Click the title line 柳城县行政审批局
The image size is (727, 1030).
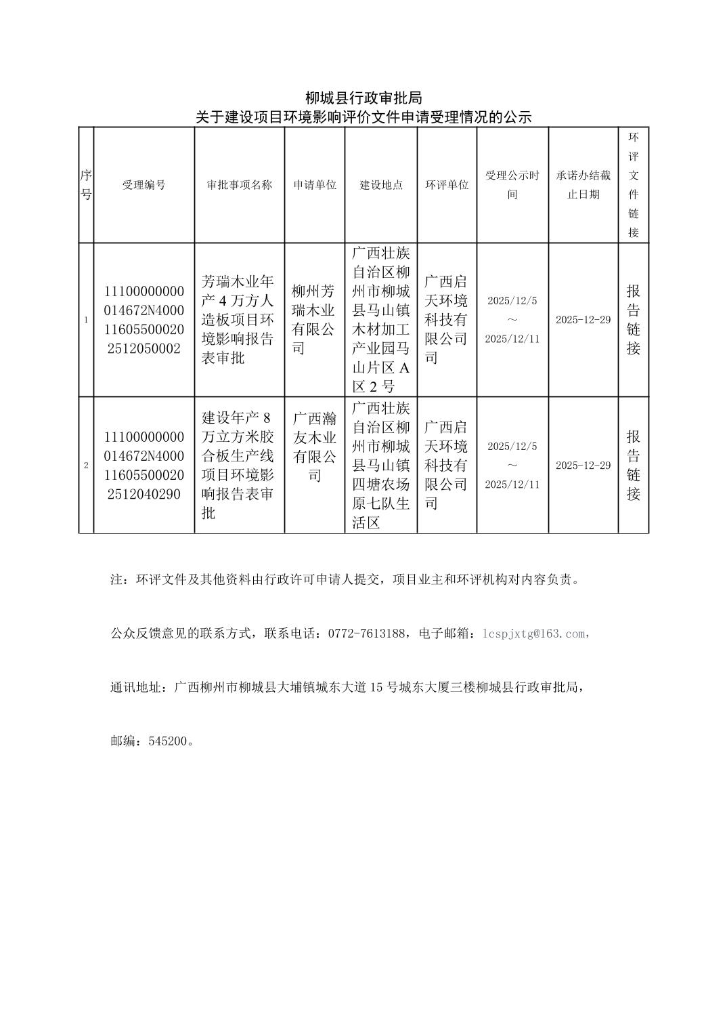363,98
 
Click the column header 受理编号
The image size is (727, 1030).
144,185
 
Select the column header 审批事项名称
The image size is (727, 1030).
239,185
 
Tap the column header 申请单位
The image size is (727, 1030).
314,185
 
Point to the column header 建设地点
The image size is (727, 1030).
380,185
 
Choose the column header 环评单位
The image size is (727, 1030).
447,185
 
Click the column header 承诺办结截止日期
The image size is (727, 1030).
583,185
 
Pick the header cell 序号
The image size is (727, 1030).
86,185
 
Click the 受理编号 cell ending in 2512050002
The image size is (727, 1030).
144,320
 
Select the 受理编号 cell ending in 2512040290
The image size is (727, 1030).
144,466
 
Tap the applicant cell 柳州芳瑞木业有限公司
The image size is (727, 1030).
314,320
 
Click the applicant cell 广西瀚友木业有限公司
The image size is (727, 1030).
314,447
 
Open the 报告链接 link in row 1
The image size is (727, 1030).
633,320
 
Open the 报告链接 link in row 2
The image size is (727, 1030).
633,466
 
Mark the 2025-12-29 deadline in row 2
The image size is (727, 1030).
583,466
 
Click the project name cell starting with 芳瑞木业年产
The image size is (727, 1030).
239,320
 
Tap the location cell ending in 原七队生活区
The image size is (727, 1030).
380,466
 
